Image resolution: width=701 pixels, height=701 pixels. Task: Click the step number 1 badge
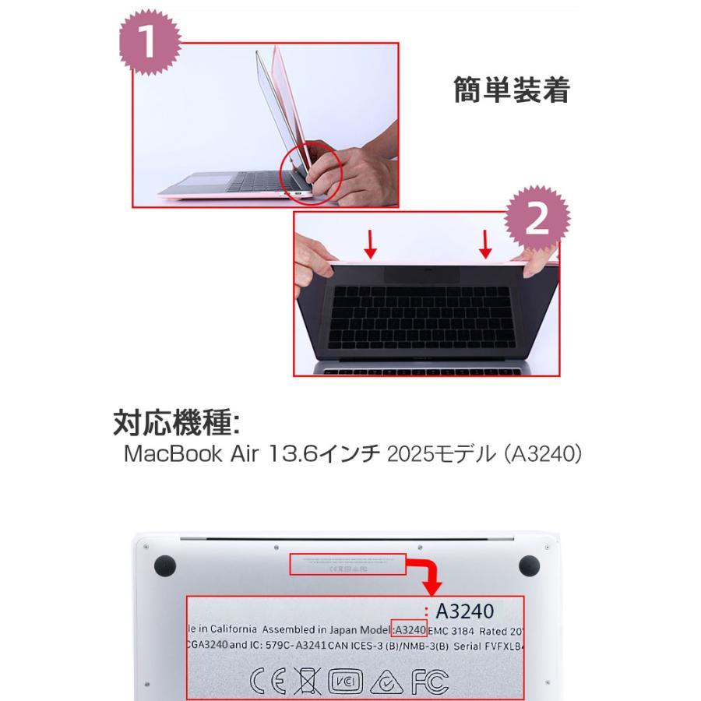click(x=150, y=44)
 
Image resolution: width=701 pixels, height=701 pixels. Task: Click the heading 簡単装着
click(x=512, y=91)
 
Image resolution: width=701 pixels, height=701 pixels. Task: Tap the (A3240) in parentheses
click(x=541, y=455)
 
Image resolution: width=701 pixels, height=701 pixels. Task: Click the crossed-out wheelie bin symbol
click(x=308, y=682)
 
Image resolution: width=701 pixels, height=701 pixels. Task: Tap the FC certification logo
click(x=431, y=682)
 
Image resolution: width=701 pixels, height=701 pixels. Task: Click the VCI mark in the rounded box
click(x=345, y=682)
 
